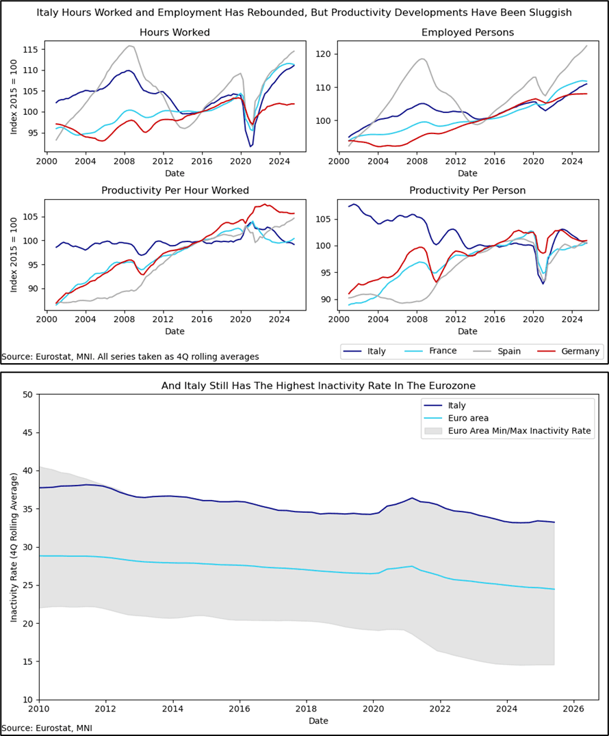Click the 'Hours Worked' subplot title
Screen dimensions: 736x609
174,33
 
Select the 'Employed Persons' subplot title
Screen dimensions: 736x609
467,33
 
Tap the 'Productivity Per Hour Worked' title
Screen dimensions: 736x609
174,190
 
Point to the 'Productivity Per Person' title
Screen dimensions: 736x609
467,190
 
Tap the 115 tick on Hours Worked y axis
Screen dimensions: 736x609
30,50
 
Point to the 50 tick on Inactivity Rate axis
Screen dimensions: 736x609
28,395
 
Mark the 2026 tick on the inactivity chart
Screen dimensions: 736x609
573,709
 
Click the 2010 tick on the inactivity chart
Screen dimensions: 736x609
38,709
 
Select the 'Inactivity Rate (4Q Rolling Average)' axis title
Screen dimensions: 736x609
14,547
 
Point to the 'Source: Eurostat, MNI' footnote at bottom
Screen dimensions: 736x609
47,728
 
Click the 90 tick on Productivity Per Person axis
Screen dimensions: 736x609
326,300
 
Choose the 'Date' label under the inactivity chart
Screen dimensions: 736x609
318,721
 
